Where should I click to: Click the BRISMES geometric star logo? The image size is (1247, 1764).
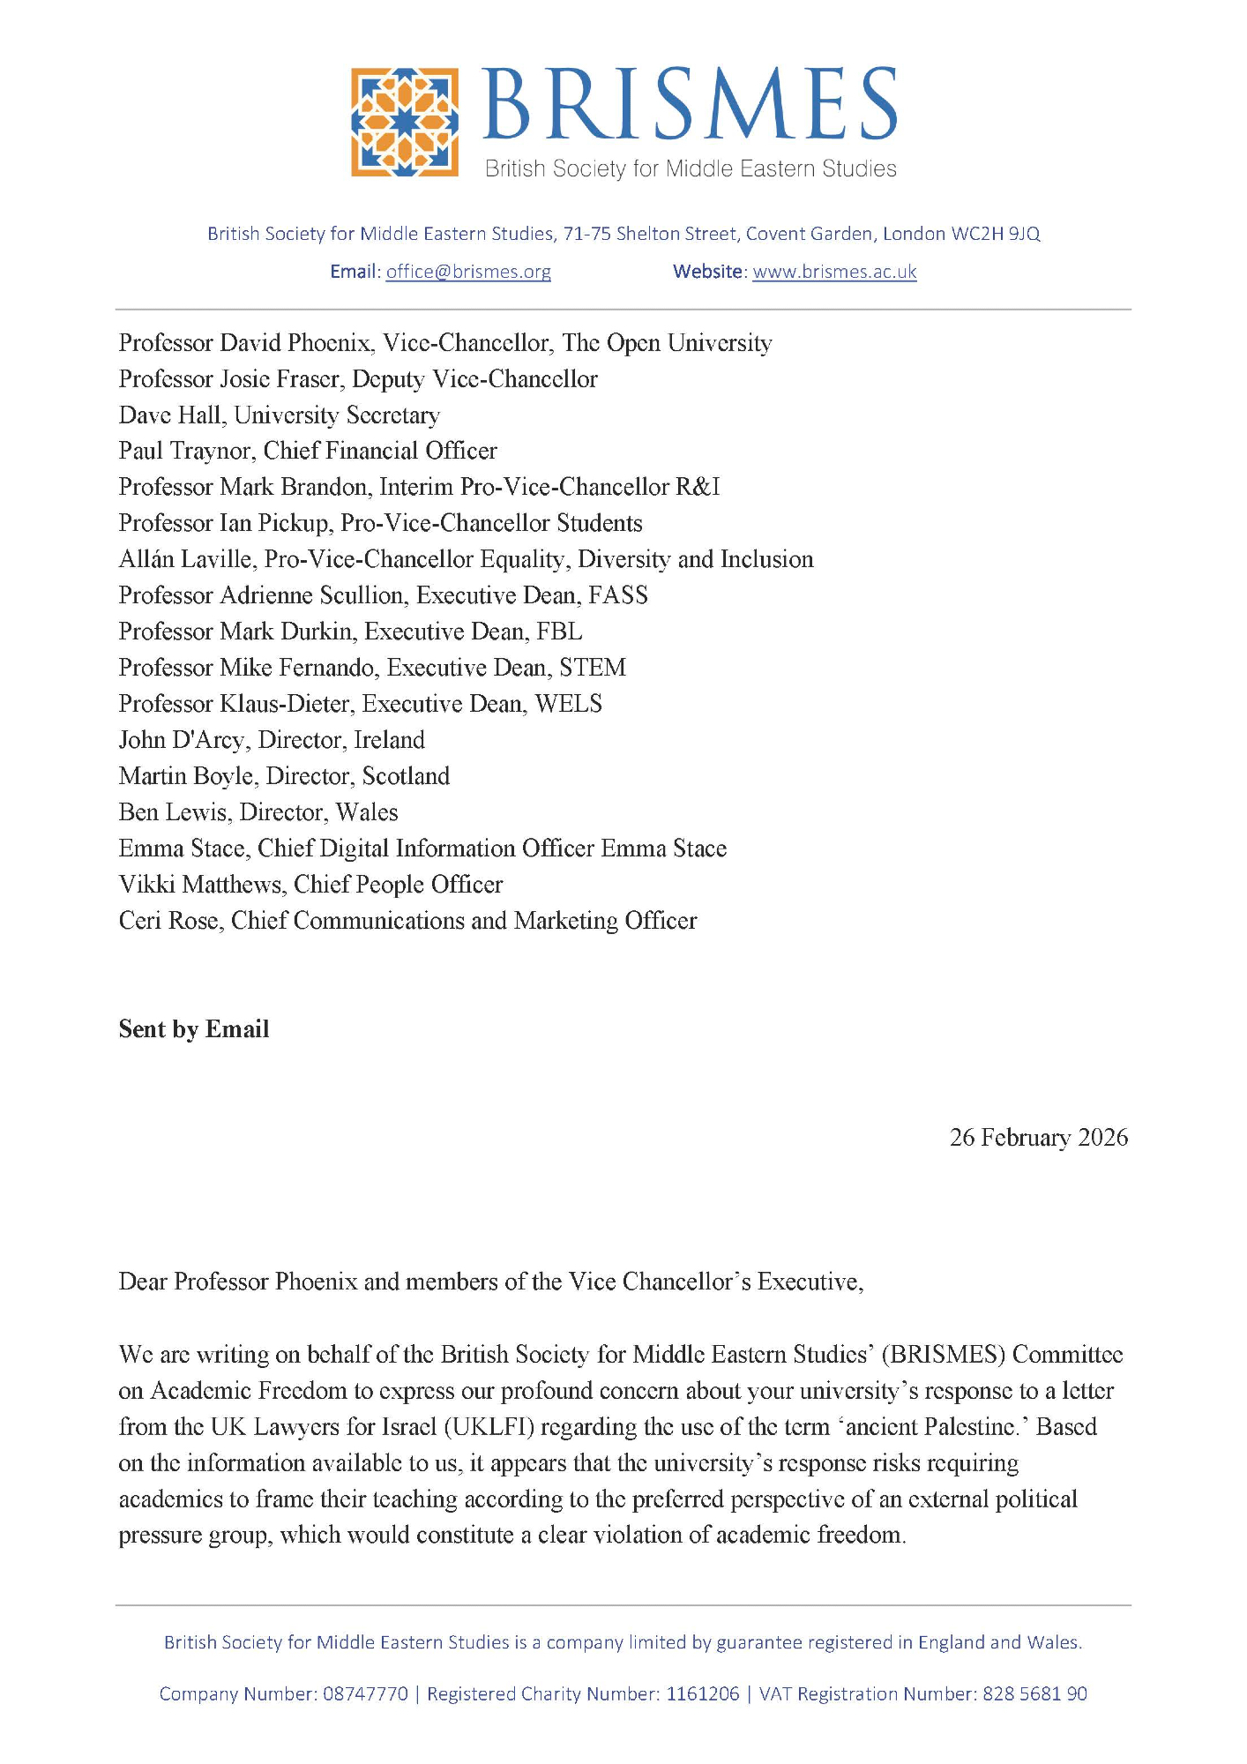tap(405, 122)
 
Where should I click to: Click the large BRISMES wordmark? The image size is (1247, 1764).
tap(690, 104)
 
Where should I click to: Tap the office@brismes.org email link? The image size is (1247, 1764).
tap(468, 272)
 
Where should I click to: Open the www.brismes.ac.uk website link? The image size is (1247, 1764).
tap(834, 272)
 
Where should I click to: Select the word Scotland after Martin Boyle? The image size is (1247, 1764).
tap(406, 776)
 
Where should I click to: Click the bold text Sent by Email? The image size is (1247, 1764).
tap(194, 1029)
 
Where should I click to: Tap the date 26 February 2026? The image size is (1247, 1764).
tap(1038, 1138)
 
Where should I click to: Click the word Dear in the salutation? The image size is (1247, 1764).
tap(143, 1282)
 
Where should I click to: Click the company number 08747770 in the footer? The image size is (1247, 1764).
tap(366, 1694)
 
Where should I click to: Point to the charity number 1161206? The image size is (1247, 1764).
tap(703, 1694)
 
